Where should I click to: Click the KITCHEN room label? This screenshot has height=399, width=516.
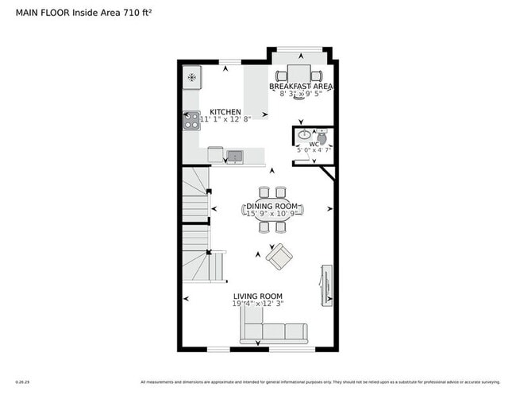click(x=225, y=112)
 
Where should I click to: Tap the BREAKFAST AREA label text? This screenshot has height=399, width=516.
click(x=300, y=86)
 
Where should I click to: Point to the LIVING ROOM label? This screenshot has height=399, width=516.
click(x=258, y=296)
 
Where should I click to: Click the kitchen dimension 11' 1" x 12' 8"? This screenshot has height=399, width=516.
click(x=225, y=120)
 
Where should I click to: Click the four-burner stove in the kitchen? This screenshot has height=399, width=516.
click(x=191, y=120)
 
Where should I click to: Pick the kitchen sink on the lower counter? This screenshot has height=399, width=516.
click(x=235, y=154)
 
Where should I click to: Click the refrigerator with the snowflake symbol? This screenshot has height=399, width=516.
click(x=191, y=78)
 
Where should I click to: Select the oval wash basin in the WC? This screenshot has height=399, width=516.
click(x=305, y=134)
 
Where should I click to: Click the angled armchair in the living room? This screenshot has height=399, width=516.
click(x=279, y=256)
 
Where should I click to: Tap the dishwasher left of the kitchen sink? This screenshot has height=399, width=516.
click(x=215, y=154)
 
